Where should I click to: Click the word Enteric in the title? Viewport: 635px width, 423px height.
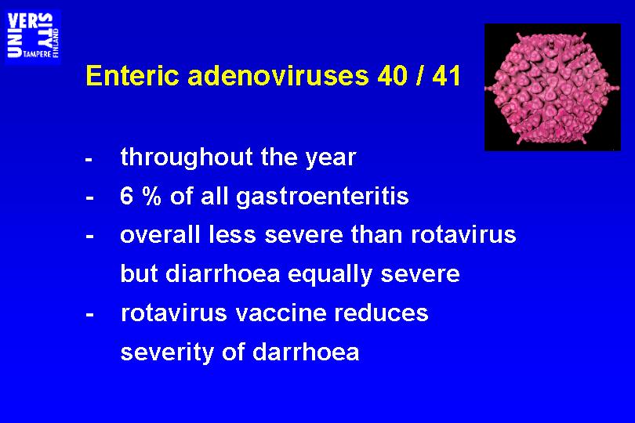click(x=132, y=75)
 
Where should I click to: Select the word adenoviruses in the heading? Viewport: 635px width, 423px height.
click(x=278, y=75)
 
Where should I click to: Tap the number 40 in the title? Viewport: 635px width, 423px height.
click(x=392, y=75)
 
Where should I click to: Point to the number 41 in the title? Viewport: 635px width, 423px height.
click(x=446, y=75)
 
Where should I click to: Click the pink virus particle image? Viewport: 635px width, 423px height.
click(x=553, y=87)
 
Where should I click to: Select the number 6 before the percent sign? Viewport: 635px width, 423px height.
click(x=126, y=197)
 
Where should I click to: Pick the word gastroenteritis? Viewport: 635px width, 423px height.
click(x=322, y=197)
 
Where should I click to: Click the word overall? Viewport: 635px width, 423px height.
click(x=160, y=235)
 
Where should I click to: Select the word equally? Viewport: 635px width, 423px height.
click(x=329, y=274)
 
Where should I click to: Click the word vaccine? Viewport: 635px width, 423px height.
click(x=281, y=313)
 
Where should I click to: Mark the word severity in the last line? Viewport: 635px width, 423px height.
click(x=167, y=352)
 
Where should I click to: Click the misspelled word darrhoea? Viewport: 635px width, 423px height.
click(x=306, y=352)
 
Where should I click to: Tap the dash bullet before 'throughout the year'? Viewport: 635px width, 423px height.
click(x=89, y=160)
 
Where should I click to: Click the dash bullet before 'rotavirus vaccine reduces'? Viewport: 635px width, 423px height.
click(x=90, y=315)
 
